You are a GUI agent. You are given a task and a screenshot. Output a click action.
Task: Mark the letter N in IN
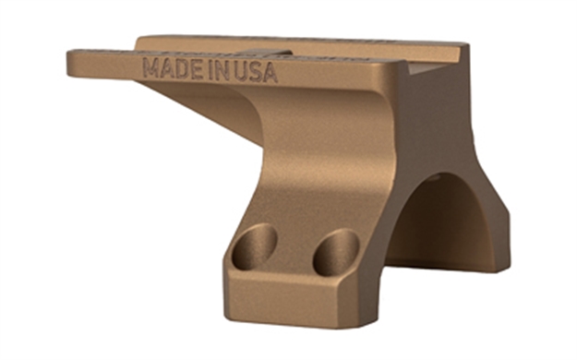tap(223, 71)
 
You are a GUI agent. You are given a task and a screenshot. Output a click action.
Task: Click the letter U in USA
tap(242, 72)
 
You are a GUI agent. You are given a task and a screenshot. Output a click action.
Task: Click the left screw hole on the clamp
tap(253, 246)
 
